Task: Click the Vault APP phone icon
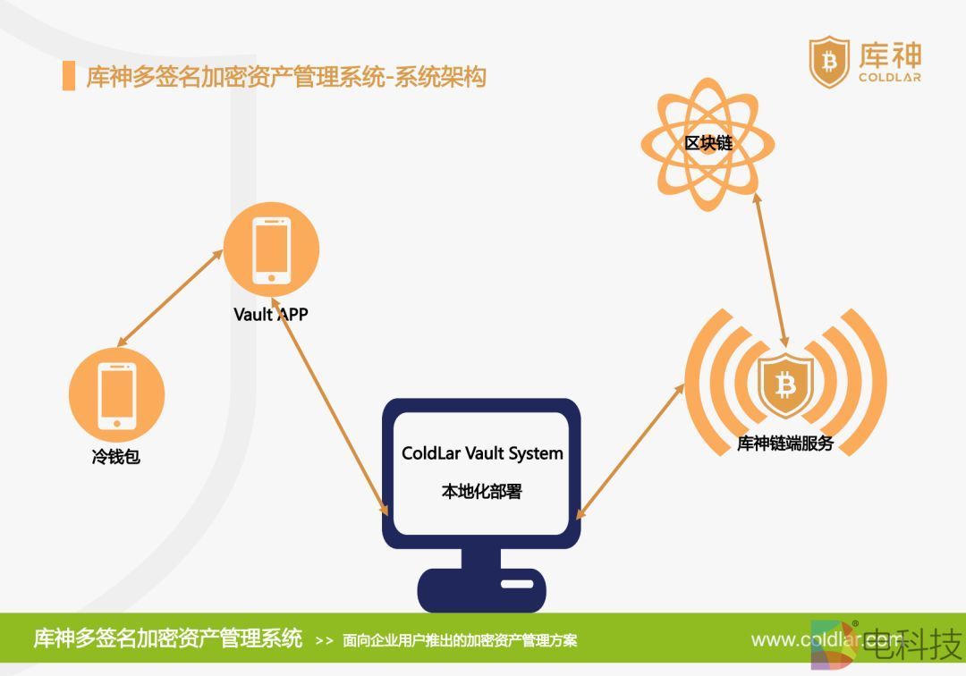(x=270, y=249)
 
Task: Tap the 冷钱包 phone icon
(x=116, y=394)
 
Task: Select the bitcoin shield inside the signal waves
(x=785, y=385)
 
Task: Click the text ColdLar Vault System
(x=482, y=453)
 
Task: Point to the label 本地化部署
(x=481, y=492)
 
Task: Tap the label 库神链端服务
(x=784, y=444)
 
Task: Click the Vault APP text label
(x=271, y=315)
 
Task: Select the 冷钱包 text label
(x=116, y=458)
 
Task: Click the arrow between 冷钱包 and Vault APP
(x=170, y=298)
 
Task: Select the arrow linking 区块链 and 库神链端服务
(x=771, y=273)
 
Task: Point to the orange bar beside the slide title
(x=69, y=77)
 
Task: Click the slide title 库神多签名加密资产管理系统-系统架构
(x=286, y=77)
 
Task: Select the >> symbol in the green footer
(x=325, y=641)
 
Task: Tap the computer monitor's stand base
(x=481, y=589)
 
